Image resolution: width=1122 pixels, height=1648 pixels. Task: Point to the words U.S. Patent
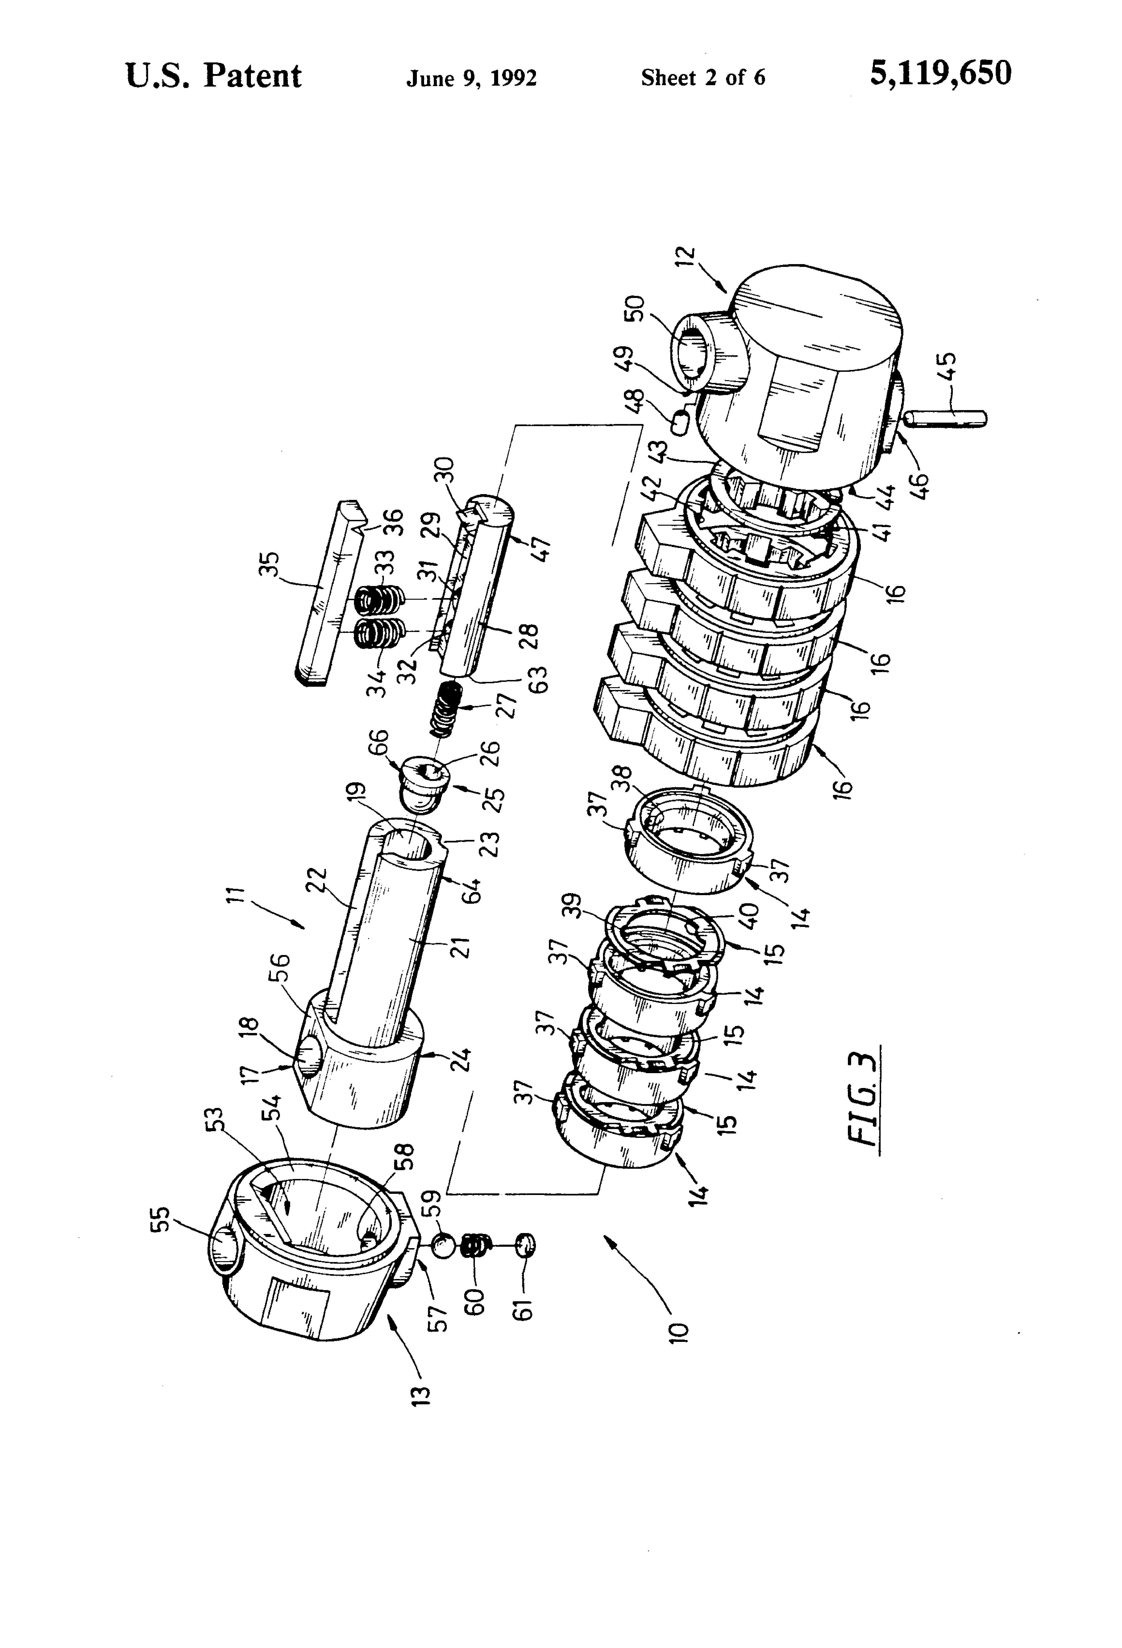pyautogui.click(x=214, y=75)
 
